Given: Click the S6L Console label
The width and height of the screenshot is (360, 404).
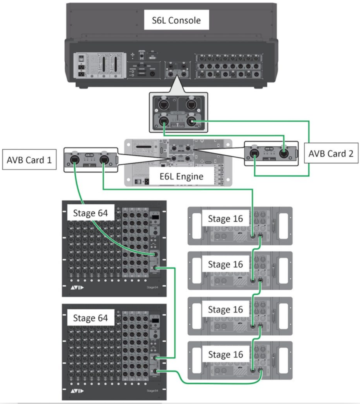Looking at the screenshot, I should pos(176,20).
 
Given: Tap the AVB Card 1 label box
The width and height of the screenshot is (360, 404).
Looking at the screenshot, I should pos(28,160).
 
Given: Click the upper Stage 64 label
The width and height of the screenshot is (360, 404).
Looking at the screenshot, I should pos(90,213).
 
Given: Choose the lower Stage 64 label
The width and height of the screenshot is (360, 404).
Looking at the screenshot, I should pos(90,318).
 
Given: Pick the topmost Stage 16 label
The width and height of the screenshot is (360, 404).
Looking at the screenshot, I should pos(225,218).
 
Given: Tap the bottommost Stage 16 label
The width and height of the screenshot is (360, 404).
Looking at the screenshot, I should pos(225,354).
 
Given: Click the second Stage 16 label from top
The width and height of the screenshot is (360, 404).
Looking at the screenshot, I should pos(225,264).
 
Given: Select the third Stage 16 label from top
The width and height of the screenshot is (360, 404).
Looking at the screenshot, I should pos(225,310).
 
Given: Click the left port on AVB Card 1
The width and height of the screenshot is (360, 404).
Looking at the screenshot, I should pos(74,160).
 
